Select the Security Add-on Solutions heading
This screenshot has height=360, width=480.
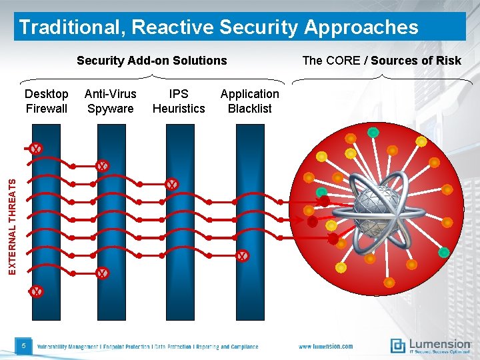[x=151, y=61]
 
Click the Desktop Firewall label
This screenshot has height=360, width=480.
[x=47, y=101]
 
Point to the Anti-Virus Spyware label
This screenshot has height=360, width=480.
[x=110, y=101]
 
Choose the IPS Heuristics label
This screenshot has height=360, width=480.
[x=179, y=101]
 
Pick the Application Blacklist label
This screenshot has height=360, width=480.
[x=249, y=101]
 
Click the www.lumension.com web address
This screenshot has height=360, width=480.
[x=325, y=347]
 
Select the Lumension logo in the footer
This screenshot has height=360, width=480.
[x=431, y=345]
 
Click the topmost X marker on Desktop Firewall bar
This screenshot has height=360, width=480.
[x=36, y=149]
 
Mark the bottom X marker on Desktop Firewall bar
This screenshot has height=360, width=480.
[x=36, y=291]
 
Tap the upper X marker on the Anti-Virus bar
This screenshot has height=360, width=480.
[x=101, y=165]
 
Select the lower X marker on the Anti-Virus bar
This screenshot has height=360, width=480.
[x=101, y=273]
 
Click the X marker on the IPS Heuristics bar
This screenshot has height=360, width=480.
[x=171, y=184]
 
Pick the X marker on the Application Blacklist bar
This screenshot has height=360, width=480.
[x=242, y=255]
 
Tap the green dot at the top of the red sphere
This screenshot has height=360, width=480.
[x=373, y=133]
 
